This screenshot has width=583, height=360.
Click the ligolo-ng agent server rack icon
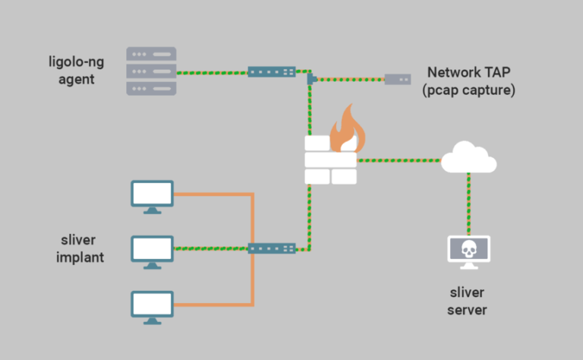pos(151,71)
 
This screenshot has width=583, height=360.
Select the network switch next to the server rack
pos(271,71)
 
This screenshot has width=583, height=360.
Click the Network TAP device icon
pos(397,79)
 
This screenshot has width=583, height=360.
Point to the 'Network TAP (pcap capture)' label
pos(469,81)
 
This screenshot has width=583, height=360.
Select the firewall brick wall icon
pos(330,160)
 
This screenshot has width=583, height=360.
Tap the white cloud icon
pos(468,158)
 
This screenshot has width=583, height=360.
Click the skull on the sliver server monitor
pos(468,248)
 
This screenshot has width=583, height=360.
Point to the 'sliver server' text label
pos(467,301)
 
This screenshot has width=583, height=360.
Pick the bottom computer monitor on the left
pos(153,306)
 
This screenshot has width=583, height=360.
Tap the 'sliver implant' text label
pos(79,249)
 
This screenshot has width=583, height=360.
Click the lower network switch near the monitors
pos(271,248)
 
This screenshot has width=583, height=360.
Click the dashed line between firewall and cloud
pos(399,160)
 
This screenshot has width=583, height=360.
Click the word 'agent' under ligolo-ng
pos(76,79)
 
